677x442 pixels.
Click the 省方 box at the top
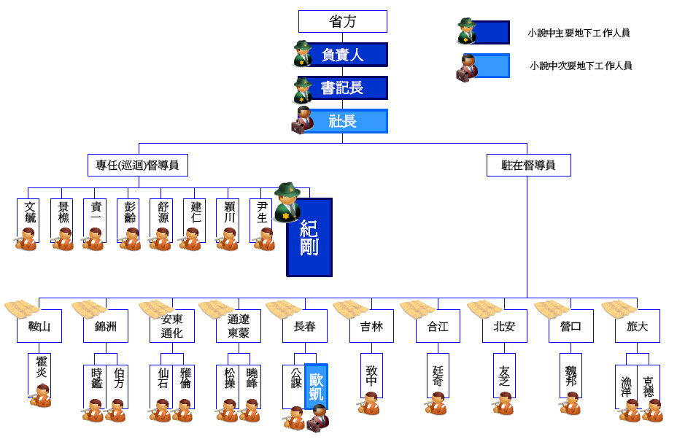tap(343, 22)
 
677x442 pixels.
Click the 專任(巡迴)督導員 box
tap(137, 166)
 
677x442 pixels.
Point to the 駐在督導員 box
tap(528, 166)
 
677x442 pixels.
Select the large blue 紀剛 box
tap(309, 238)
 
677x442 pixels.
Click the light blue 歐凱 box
tap(316, 387)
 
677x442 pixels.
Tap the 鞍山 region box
tap(39, 327)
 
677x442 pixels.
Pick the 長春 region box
tap(305, 327)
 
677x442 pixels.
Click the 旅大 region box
tap(637, 327)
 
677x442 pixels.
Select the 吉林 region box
tap(371, 327)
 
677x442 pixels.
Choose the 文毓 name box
tap(29, 217)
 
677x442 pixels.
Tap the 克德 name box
tap(649, 384)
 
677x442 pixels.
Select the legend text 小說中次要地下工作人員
tap(581, 66)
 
